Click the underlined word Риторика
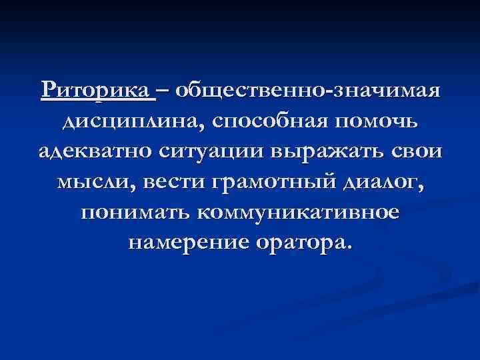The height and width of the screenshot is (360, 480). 97,91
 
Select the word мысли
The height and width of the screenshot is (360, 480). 92,181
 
